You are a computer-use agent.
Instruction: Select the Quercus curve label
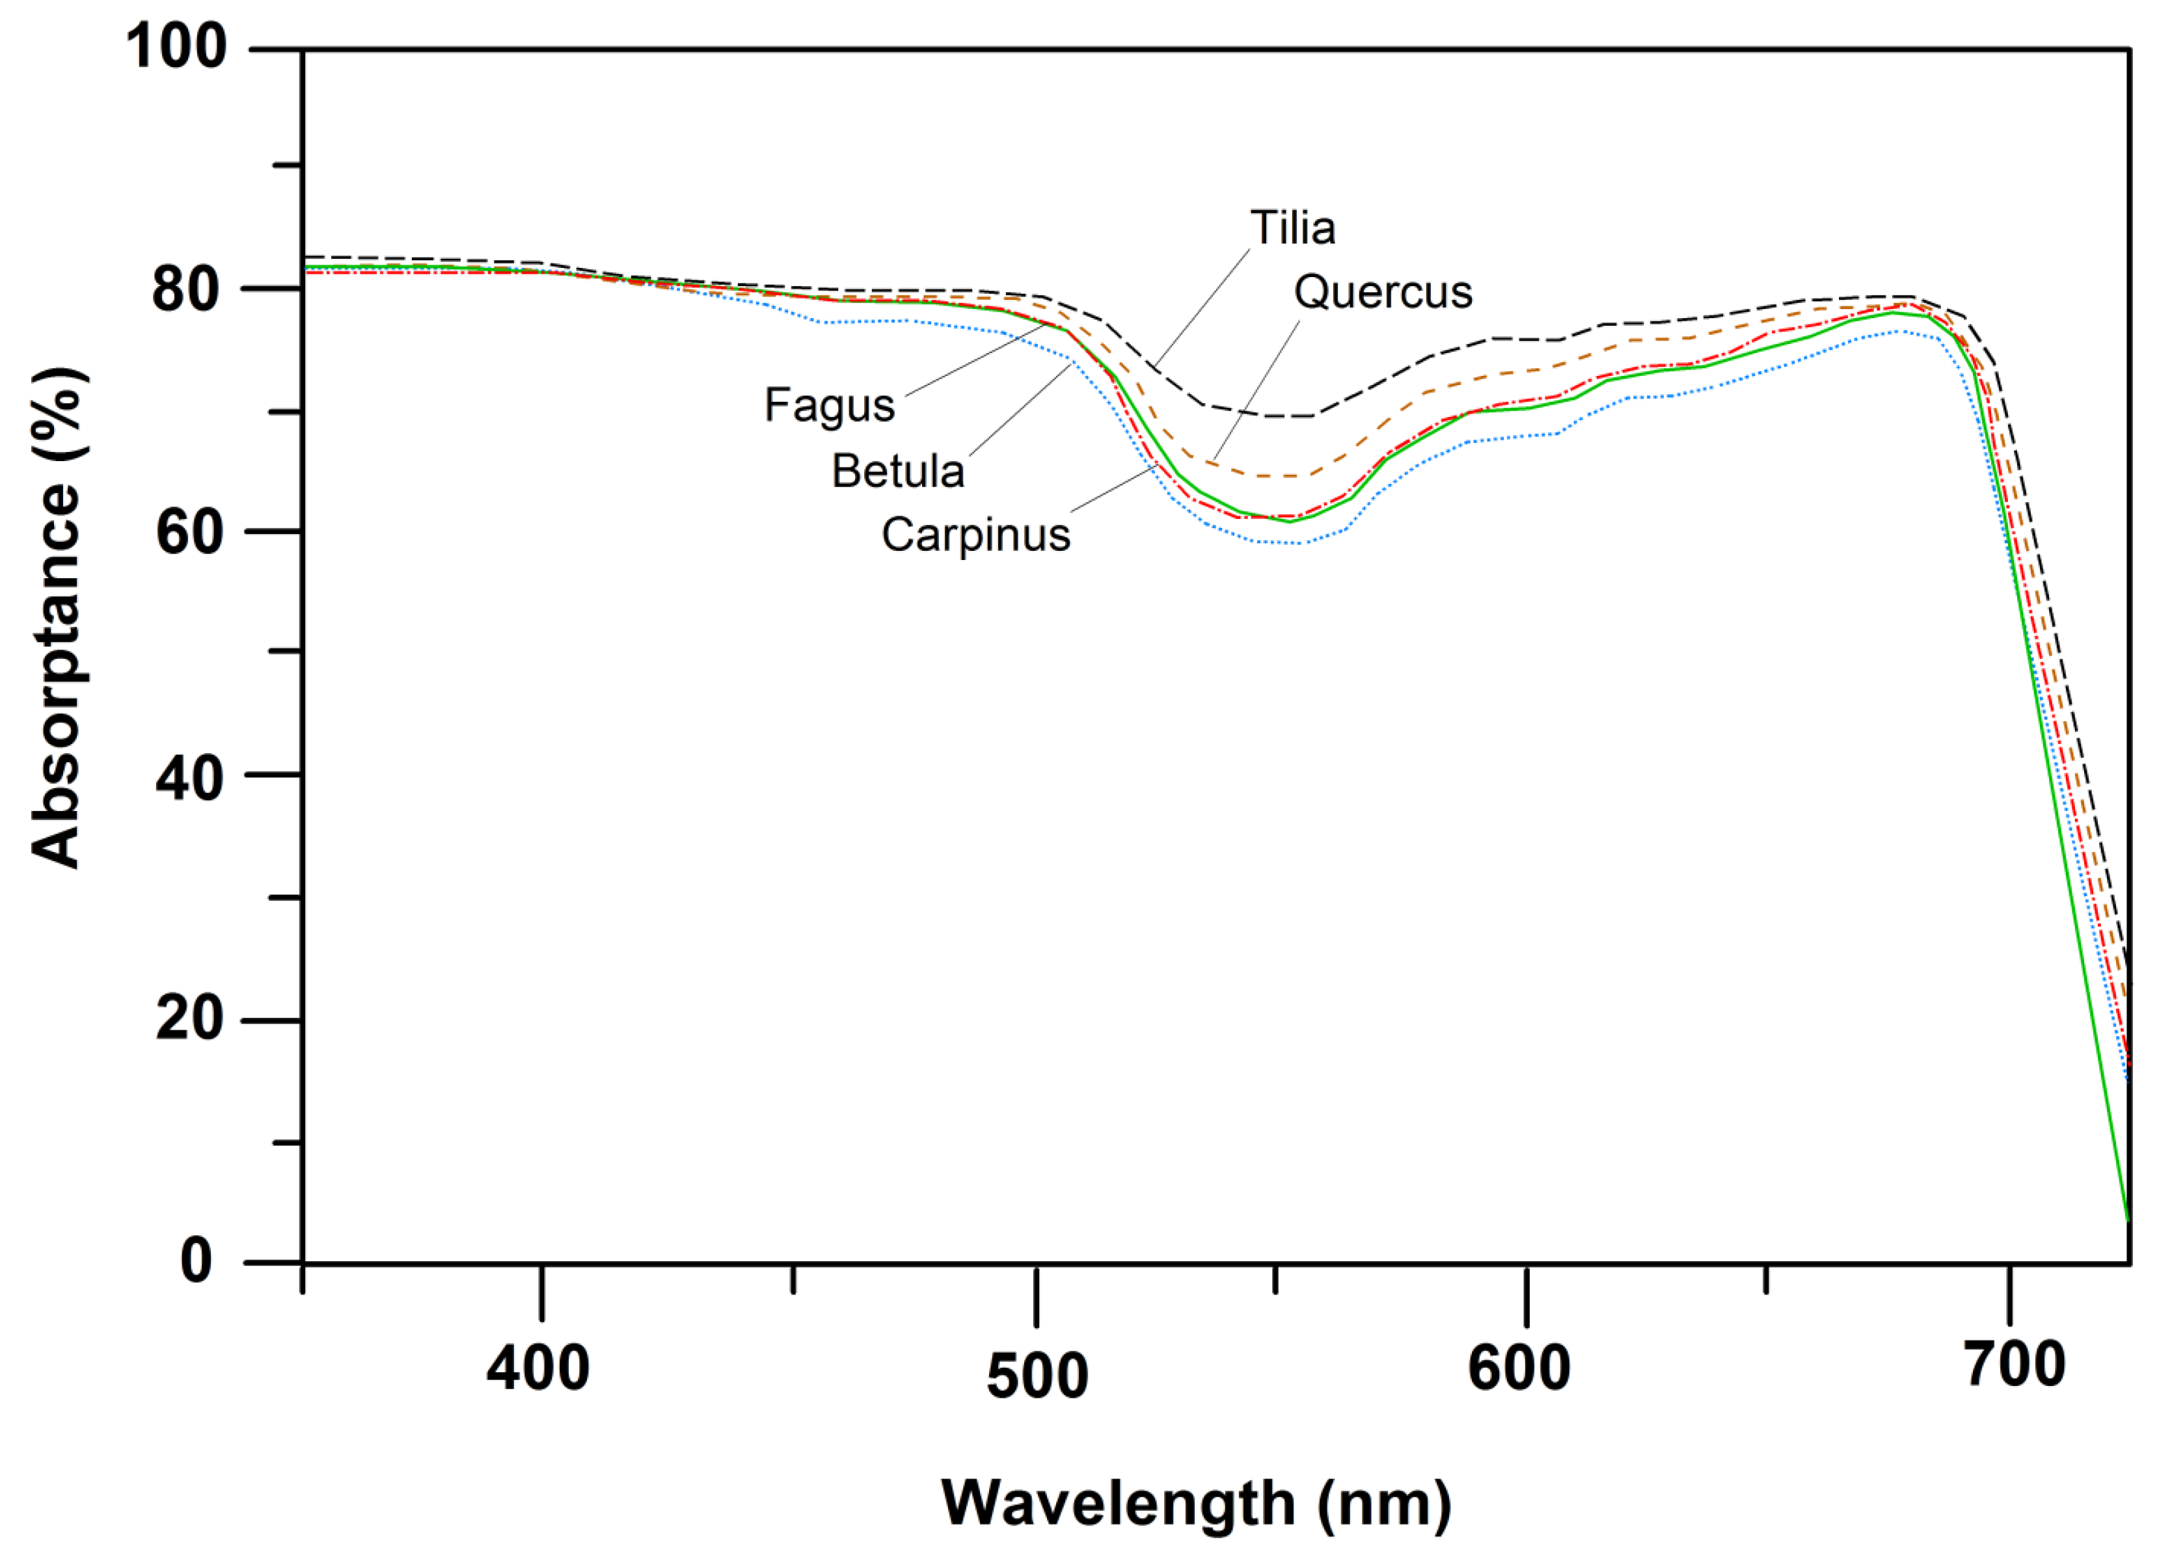[1382, 292]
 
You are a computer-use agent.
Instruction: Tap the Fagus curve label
[829, 405]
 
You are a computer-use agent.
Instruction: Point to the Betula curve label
[898, 471]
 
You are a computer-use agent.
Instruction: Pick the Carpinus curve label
[976, 535]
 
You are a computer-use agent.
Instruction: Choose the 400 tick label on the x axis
[538, 1368]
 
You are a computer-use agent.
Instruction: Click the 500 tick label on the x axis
[1037, 1376]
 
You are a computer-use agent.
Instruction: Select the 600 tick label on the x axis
[1519, 1368]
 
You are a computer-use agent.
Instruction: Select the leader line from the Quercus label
[1256, 391]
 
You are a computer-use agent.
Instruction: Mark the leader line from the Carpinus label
[1114, 490]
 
